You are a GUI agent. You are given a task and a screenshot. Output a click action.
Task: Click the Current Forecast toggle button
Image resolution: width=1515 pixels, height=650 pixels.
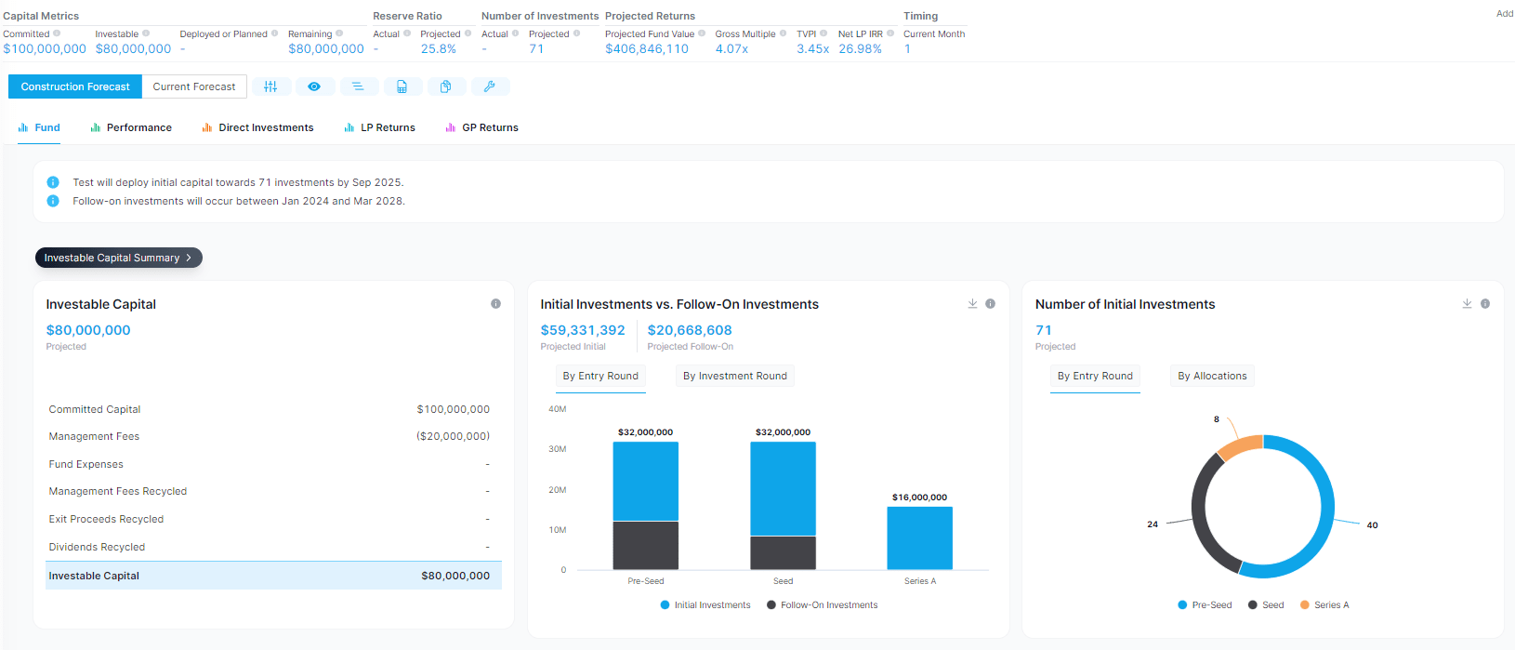click(194, 86)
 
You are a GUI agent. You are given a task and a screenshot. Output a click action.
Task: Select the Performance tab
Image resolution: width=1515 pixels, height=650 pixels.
click(138, 127)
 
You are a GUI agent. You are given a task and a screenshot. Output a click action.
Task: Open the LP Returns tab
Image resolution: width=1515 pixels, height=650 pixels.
click(388, 127)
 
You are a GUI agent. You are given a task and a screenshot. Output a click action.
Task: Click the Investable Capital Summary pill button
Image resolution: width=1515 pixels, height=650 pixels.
click(118, 258)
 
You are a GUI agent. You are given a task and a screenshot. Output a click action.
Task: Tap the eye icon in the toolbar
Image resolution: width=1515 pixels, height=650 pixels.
click(314, 86)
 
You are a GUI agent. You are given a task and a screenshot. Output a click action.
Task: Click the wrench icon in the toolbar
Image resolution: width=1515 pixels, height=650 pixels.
click(490, 86)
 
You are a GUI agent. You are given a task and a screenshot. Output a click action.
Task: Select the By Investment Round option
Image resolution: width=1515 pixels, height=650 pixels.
click(734, 376)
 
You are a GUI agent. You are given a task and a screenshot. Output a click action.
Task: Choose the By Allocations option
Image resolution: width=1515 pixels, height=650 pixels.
click(1212, 376)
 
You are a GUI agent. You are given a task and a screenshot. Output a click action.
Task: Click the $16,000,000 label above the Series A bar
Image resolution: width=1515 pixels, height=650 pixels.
click(919, 497)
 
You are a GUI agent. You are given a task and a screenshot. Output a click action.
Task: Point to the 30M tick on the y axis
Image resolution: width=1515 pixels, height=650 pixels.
click(558, 449)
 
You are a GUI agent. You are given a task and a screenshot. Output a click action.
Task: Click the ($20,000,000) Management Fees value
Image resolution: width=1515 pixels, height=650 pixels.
click(453, 436)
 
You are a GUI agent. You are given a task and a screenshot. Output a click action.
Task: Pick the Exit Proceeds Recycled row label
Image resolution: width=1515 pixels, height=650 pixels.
click(106, 519)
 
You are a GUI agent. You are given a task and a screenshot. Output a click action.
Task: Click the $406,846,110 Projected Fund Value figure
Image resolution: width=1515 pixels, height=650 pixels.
click(647, 49)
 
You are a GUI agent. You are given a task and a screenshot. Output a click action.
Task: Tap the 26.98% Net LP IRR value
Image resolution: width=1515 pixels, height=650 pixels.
click(860, 49)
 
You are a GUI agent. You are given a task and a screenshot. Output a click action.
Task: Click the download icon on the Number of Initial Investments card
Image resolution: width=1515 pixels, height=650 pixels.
click(1467, 304)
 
